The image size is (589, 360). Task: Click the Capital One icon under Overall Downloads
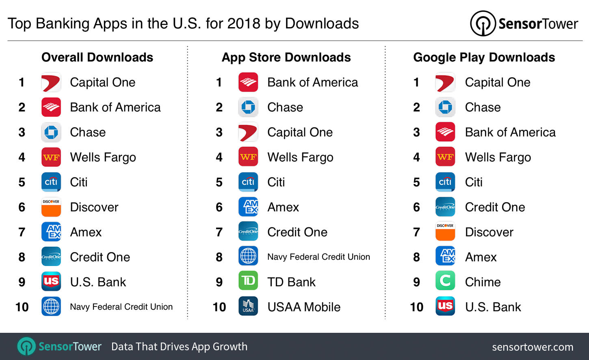tap(51, 82)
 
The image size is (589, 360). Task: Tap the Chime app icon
tap(445, 282)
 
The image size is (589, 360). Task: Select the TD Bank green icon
tap(248, 282)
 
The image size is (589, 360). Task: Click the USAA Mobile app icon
tap(248, 307)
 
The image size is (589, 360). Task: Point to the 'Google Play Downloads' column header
tap(484, 57)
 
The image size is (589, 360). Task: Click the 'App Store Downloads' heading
tap(286, 57)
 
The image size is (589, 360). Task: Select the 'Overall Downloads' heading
tap(97, 57)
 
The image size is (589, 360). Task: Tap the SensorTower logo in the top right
tap(524, 24)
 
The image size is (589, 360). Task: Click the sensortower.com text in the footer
tap(533, 347)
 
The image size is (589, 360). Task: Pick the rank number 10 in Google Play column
tap(416, 307)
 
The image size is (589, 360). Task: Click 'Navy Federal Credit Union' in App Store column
tap(318, 257)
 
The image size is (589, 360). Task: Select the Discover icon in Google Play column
tap(445, 232)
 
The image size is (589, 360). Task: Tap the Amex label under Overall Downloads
tap(86, 232)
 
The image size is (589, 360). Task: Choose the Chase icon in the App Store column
tap(248, 107)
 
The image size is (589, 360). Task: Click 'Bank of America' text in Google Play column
tap(510, 132)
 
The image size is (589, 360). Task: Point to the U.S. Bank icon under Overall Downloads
tap(51, 282)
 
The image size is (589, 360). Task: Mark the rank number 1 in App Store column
tap(219, 82)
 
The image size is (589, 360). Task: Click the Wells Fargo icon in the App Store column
tap(248, 157)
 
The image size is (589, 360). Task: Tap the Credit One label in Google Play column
tap(495, 207)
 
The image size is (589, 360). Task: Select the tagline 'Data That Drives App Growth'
tap(179, 347)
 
